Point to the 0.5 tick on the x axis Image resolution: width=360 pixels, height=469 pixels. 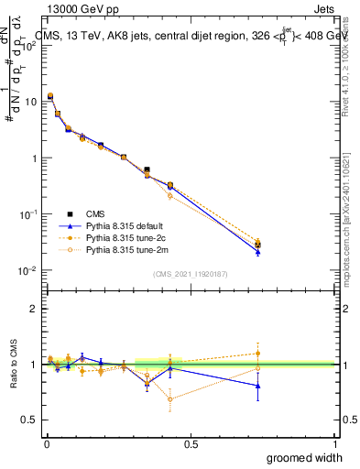pos(191,443)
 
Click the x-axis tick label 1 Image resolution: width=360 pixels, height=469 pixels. pos(334,443)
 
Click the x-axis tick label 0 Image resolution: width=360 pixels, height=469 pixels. pos(47,443)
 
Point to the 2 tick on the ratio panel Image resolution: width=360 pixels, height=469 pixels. pos(33,309)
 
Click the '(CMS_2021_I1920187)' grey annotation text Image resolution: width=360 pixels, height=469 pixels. pos(190,272)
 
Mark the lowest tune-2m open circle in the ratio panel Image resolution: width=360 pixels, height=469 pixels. pos(170,398)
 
